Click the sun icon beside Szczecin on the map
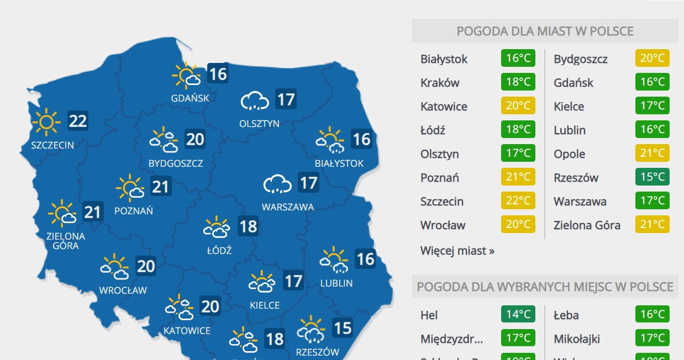click(46, 122)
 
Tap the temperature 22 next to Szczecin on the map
click(78, 121)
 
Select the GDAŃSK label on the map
click(190, 98)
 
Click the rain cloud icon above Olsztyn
click(254, 101)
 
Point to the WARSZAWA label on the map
click(288, 207)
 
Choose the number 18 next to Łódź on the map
click(248, 226)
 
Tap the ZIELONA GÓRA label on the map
click(66, 241)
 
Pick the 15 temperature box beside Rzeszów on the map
click(343, 329)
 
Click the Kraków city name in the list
click(440, 83)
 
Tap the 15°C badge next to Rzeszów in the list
click(652, 178)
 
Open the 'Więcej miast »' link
click(457, 251)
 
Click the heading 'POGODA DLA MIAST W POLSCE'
click(545, 31)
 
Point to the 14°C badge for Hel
click(518, 315)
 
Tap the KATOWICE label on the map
click(187, 331)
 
